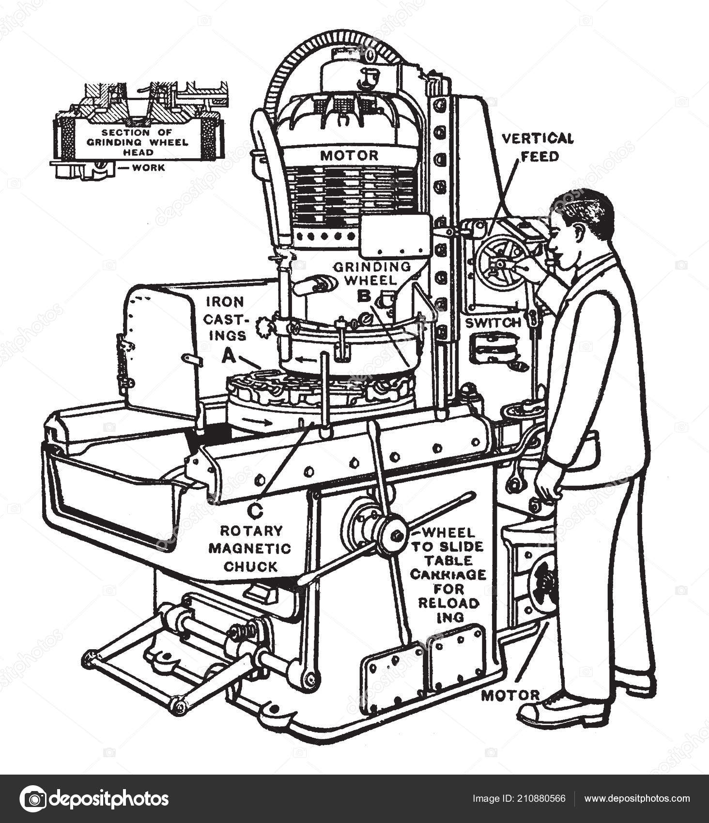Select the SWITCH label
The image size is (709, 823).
pyautogui.click(x=493, y=323)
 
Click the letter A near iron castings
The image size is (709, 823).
pyautogui.click(x=228, y=357)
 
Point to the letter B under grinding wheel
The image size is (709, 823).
pyautogui.click(x=364, y=295)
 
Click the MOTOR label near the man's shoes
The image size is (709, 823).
pyautogui.click(x=510, y=696)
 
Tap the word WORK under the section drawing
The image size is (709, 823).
pyautogui.click(x=148, y=168)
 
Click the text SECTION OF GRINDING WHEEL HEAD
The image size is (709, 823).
pyautogui.click(x=137, y=142)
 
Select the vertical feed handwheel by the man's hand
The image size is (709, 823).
pyautogui.click(x=501, y=262)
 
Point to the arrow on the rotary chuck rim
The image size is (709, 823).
pyautogui.click(x=259, y=422)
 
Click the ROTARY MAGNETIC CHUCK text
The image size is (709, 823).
pyautogui.click(x=250, y=548)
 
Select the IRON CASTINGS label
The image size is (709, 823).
pyautogui.click(x=225, y=319)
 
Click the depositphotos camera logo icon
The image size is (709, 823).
pyautogui.click(x=33, y=798)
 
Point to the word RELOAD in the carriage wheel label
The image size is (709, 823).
pyautogui.click(x=448, y=603)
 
